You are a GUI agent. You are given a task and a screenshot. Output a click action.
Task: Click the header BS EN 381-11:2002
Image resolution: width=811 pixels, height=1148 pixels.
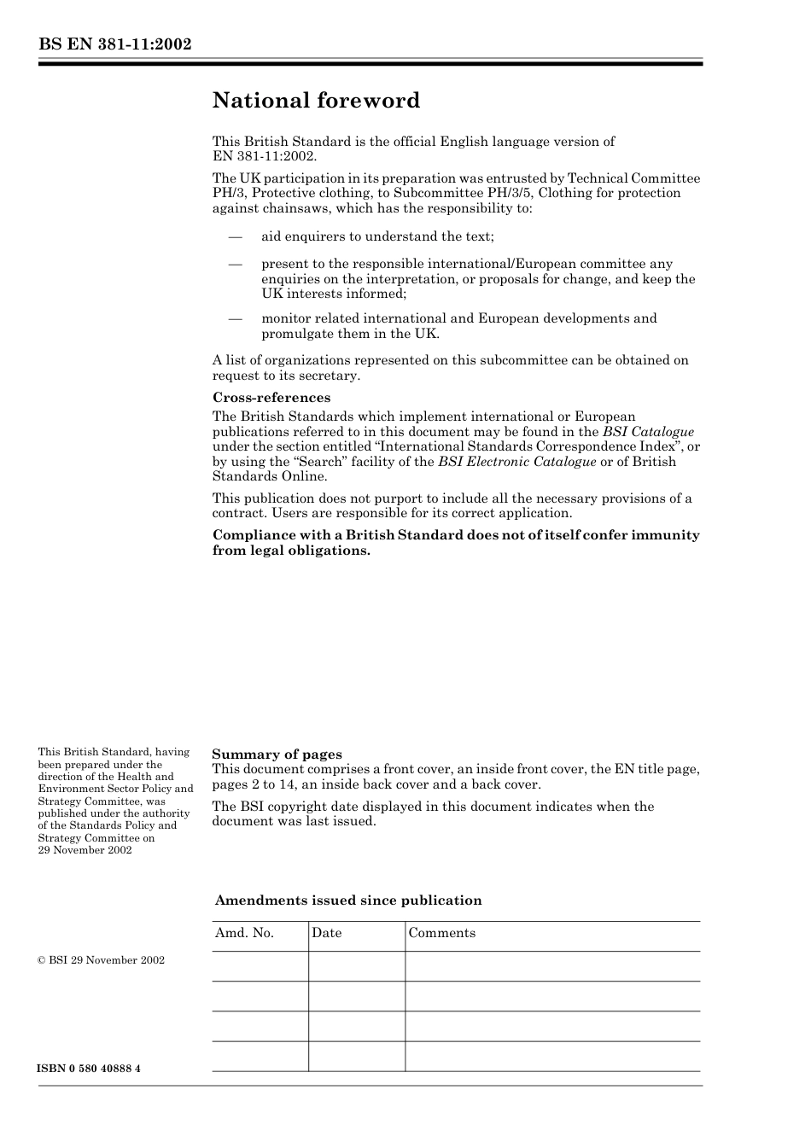click(114, 44)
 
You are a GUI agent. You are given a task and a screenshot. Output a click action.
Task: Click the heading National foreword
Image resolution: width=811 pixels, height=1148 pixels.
click(316, 101)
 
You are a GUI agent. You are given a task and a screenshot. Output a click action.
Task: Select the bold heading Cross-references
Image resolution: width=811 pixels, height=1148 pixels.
click(271, 398)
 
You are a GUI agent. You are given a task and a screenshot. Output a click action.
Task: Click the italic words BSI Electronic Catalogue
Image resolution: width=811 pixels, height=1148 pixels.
click(516, 462)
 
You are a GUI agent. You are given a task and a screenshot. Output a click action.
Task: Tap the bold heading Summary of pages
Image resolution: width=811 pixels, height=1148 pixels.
click(277, 755)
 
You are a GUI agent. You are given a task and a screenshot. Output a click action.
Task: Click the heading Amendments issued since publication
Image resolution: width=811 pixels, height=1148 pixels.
click(348, 900)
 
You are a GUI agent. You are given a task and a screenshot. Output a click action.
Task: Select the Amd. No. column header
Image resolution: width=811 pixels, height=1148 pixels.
click(244, 933)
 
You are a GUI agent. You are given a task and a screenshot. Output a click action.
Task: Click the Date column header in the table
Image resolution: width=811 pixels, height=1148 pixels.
click(326, 933)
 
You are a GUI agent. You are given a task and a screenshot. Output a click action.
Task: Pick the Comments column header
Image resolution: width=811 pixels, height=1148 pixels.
click(441, 933)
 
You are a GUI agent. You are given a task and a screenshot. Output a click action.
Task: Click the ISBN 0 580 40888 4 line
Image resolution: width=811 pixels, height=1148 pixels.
click(89, 1069)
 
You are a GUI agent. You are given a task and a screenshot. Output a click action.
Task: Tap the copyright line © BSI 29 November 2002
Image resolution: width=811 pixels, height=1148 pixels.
click(101, 960)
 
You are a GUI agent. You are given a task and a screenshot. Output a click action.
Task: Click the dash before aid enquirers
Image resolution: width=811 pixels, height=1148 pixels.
click(235, 236)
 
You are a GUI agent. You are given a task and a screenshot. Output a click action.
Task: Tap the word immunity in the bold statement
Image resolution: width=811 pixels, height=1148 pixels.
click(665, 535)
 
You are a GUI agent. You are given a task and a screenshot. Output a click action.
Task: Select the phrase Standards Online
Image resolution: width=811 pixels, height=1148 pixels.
click(269, 476)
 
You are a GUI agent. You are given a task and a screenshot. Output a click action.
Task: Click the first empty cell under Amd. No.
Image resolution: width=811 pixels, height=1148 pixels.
click(260, 966)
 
